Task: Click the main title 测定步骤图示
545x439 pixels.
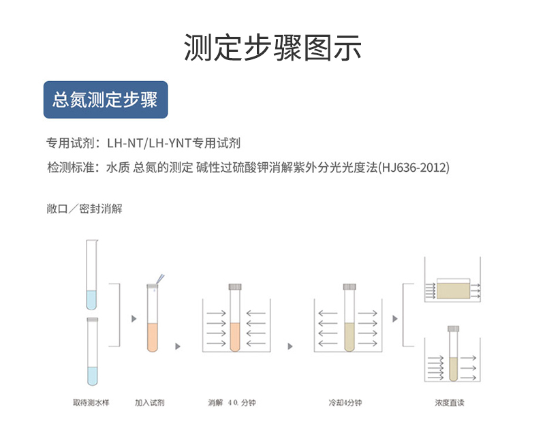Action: click(272, 47)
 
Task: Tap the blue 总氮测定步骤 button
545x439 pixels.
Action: click(105, 100)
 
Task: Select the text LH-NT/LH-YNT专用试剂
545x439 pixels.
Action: click(174, 143)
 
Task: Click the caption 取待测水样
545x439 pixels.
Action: click(91, 403)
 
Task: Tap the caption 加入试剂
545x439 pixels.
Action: click(149, 403)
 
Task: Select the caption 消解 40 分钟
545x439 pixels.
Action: click(232, 403)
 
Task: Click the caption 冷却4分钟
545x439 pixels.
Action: click(345, 403)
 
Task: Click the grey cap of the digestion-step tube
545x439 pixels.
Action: click(234, 286)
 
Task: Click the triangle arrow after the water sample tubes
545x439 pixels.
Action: click(134, 318)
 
